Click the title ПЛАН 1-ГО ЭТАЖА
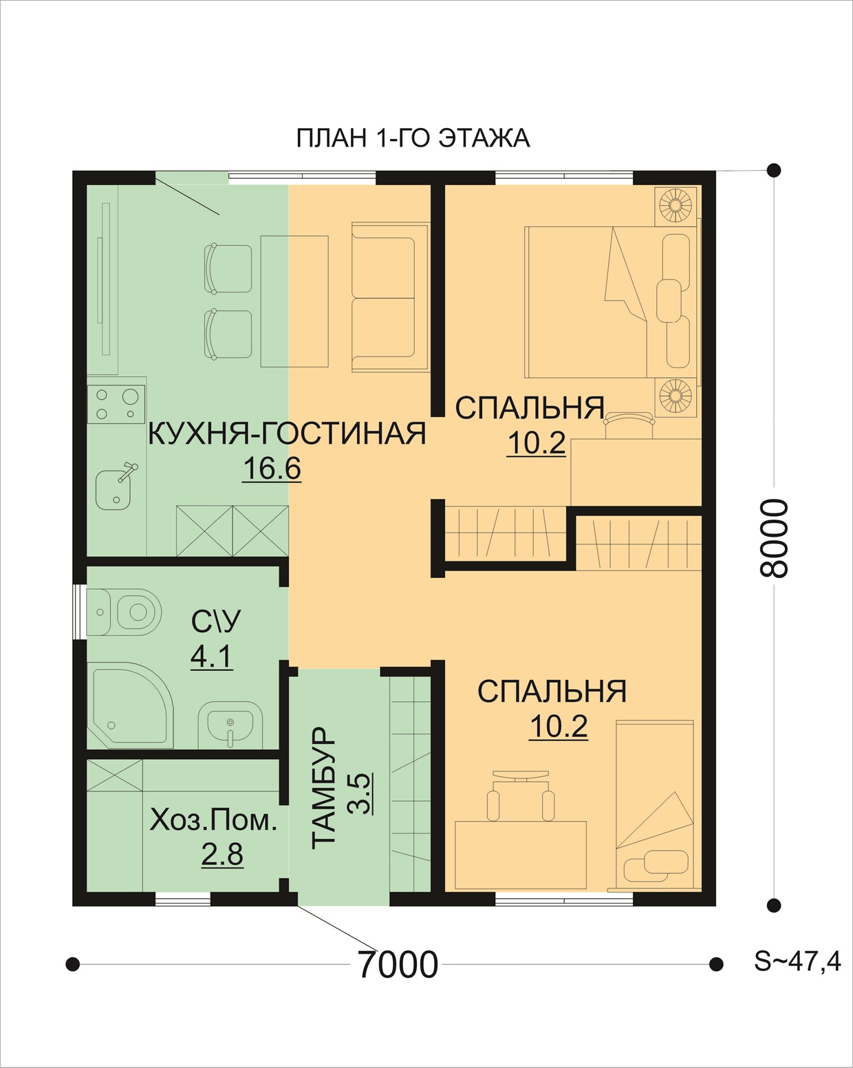[413, 138]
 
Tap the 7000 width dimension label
[398, 964]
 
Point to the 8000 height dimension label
[774, 538]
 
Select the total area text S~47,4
[797, 961]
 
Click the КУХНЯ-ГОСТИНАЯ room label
[288, 434]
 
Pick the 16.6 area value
[272, 469]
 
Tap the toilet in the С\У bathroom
[125, 612]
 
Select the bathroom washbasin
[230, 725]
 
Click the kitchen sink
[115, 488]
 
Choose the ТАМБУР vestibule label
[323, 788]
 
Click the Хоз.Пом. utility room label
[213, 822]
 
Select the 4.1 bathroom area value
[211, 658]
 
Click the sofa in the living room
[390, 297]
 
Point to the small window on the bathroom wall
[79, 612]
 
